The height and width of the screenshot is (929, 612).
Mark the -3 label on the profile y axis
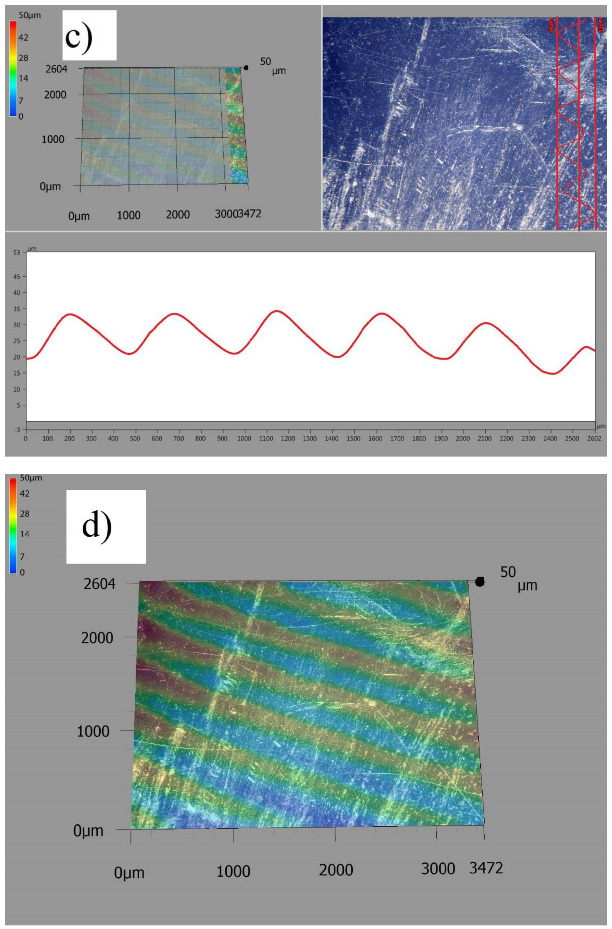tap(17, 429)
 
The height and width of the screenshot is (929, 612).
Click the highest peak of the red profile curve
tap(277, 311)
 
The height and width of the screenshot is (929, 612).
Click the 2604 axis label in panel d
tap(100, 584)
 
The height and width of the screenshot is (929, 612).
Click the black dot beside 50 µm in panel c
tap(246, 68)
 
